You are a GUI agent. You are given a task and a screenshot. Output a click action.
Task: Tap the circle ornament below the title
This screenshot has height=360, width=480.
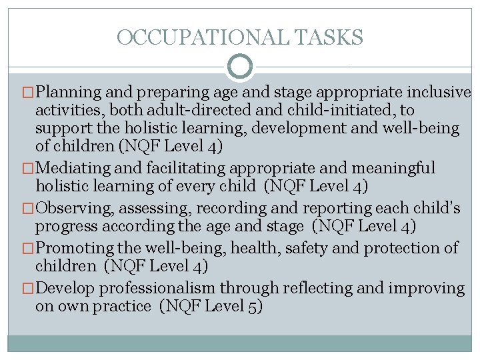tap(240, 67)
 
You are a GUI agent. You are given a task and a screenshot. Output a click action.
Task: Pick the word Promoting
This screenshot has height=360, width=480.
tap(74, 249)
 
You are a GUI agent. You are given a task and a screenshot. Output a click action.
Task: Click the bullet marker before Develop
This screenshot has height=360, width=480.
tap(27, 289)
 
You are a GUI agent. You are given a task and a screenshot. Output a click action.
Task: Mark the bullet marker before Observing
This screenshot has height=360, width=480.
tap(27, 209)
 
